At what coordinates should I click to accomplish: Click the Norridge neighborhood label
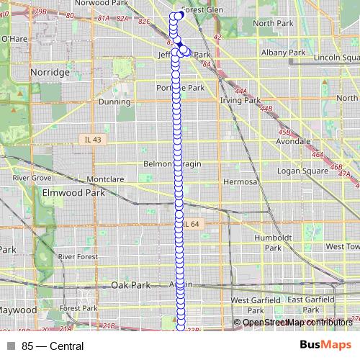pos(50,73)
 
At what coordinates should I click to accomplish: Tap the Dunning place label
pos(114,102)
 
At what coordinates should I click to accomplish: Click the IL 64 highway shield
pos(191,225)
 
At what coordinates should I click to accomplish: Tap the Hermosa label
pos(239,182)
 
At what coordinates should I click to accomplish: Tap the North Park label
pos(273,23)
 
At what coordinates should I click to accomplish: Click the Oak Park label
pos(131,285)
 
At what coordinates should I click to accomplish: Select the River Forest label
pos(77,256)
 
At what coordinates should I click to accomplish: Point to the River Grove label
pos(32,177)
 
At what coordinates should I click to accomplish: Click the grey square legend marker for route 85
pos(10,346)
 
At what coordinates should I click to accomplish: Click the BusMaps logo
pos(325,346)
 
